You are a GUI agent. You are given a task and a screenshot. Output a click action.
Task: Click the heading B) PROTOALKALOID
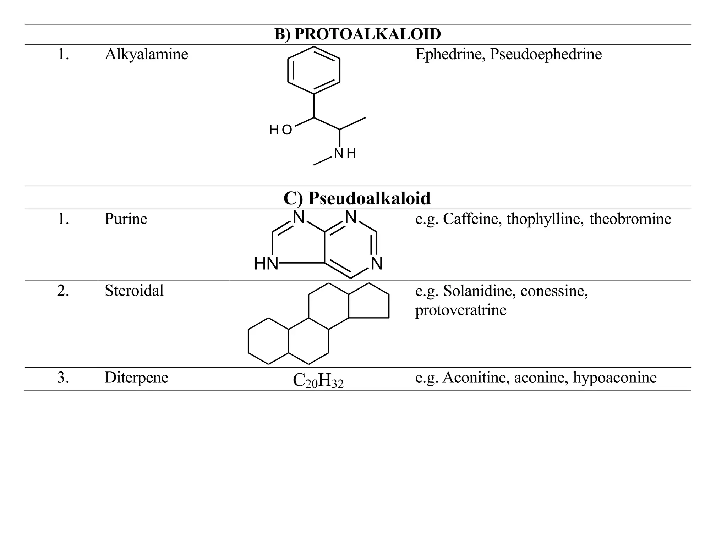pos(357,34)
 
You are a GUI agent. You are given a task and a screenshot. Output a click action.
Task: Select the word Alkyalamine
pos(146,54)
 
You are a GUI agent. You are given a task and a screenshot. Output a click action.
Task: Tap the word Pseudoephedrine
pos(546,54)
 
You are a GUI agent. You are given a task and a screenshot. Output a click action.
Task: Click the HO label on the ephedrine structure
pos(280,130)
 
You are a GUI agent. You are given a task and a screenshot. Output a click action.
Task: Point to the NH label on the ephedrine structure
pos(345,154)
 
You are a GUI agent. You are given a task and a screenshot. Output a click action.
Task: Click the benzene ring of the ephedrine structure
pos(314,70)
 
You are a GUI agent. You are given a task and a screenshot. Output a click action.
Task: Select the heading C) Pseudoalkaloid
pos(357,198)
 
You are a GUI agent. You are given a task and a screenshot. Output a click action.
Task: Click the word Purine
pos(126,219)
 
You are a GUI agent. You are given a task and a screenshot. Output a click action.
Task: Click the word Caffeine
pos(472,219)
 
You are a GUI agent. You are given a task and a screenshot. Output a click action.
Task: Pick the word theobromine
pos(630,219)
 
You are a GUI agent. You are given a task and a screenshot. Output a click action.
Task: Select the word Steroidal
pos(134,291)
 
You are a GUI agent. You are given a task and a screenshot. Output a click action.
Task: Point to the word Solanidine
pos(479,291)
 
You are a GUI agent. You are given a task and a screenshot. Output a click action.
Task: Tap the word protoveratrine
pos(461,310)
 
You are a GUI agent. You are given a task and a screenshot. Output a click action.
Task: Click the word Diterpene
pos(136,378)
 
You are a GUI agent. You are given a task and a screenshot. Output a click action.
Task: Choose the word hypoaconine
pos(614,378)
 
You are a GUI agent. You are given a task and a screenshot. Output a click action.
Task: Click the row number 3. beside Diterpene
pos(63,378)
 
